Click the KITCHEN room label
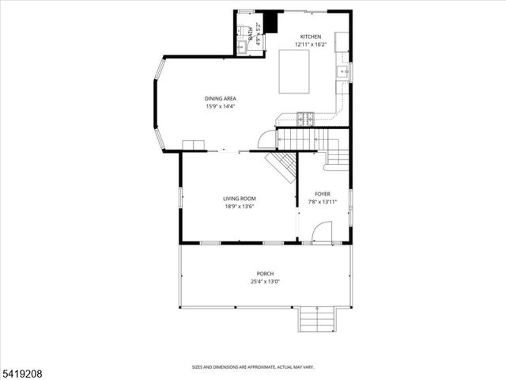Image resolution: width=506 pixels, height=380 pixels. (310, 37)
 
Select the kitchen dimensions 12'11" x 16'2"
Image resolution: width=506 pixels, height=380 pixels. (310, 45)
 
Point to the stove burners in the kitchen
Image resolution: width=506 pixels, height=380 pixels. (305, 120)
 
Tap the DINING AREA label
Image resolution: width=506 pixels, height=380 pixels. (219, 98)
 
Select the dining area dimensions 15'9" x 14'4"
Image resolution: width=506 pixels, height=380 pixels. (219, 106)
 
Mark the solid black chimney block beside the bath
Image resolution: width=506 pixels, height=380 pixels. (272, 22)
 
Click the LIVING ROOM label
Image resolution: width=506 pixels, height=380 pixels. (239, 199)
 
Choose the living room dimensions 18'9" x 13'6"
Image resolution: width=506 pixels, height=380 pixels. (239, 207)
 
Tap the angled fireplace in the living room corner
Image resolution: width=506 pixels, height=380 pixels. (281, 165)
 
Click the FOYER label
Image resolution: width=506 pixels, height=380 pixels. (323, 194)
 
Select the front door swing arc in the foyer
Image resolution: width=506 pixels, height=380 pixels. (322, 232)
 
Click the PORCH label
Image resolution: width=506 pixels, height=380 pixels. (265, 274)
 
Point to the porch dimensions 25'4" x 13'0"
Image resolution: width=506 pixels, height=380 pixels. (265, 282)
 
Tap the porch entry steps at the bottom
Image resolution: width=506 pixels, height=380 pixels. (317, 321)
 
